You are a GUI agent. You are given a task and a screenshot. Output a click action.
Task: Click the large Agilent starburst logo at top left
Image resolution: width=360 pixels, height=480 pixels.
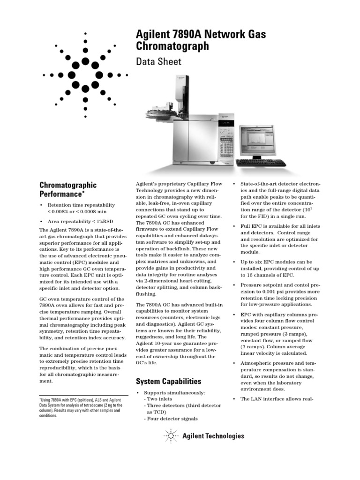tap(85, 74)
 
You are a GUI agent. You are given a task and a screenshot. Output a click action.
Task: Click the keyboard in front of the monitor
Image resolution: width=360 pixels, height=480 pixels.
tap(257, 163)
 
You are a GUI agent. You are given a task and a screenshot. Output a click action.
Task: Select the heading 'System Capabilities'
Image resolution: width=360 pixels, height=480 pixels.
tap(168, 381)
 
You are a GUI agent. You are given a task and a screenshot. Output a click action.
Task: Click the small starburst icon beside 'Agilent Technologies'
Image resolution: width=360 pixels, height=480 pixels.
tap(172, 436)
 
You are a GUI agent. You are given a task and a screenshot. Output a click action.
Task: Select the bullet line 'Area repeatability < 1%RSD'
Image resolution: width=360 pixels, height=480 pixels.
tap(80, 221)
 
